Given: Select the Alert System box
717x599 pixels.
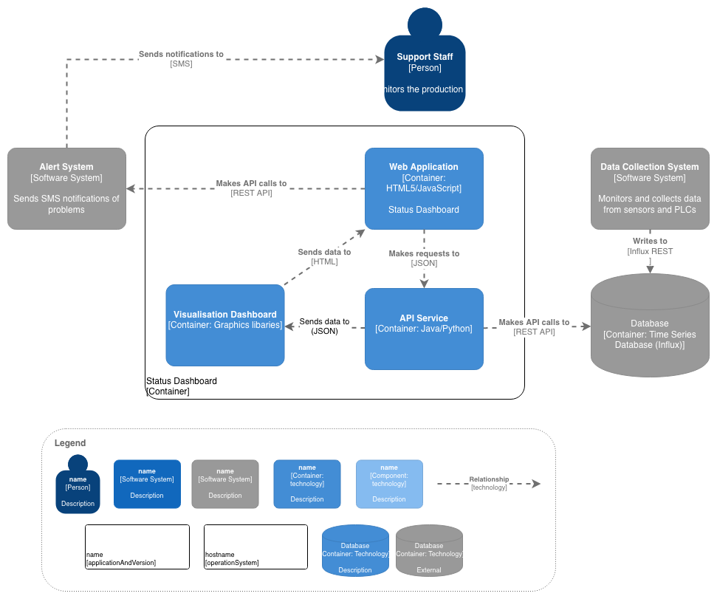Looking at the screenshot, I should coord(66,188).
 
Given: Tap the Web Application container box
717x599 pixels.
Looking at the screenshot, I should coord(424,188).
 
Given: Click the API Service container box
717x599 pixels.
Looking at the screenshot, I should coord(424,329).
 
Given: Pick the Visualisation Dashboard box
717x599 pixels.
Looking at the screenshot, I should coord(224,325).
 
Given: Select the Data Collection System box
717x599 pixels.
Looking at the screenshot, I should coord(650,188).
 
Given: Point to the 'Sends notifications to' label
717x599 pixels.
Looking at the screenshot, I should coord(181,55).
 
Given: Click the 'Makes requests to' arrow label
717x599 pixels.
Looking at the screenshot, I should coord(424,254).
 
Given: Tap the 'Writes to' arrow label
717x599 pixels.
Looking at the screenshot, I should coord(650,241).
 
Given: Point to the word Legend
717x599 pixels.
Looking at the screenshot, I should coord(70,443).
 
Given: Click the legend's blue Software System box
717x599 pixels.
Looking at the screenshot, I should coord(147,484).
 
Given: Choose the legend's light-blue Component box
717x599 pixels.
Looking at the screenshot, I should coord(389,484).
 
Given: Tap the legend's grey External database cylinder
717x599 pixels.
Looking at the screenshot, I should coord(429,551).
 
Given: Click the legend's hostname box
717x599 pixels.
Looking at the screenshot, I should coord(255,547).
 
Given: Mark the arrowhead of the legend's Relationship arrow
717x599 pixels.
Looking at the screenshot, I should coord(537,484).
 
